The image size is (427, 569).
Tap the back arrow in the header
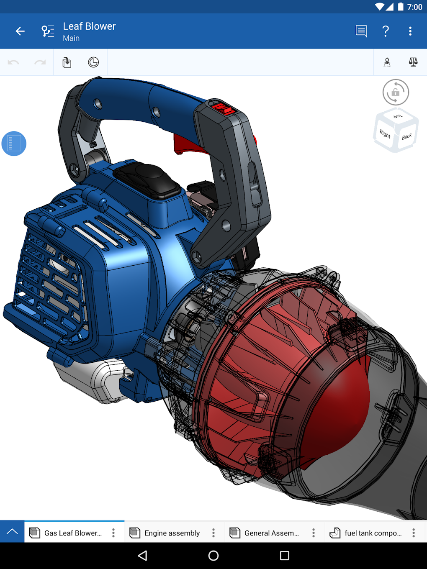coord(20,31)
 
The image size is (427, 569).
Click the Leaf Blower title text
coord(89,26)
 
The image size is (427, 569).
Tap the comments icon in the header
coord(361,31)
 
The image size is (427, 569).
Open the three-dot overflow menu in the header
coord(410,31)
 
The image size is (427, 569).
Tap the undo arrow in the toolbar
coord(13,62)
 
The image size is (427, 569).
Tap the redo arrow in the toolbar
coord(40,62)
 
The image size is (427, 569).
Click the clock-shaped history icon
coord(93,62)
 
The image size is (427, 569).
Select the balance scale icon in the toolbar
coord(413,62)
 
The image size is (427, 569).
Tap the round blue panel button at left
coord(14,144)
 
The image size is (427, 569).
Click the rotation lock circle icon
coord(396,92)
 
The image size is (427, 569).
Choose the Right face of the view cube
coord(385,134)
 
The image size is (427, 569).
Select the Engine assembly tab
coord(172,533)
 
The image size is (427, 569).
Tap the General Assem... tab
coord(271,533)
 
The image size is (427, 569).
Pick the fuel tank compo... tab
coord(373,533)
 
